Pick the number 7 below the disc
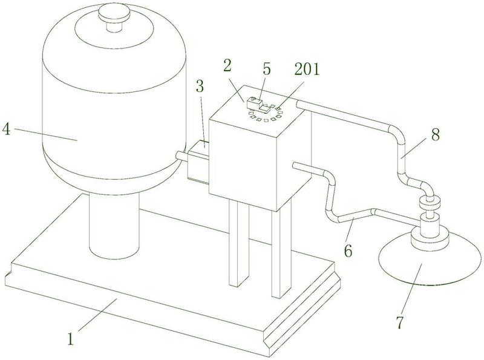pyautogui.click(x=399, y=322)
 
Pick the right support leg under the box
pyautogui.click(x=278, y=254)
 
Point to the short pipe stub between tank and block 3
pyautogui.click(x=180, y=156)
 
